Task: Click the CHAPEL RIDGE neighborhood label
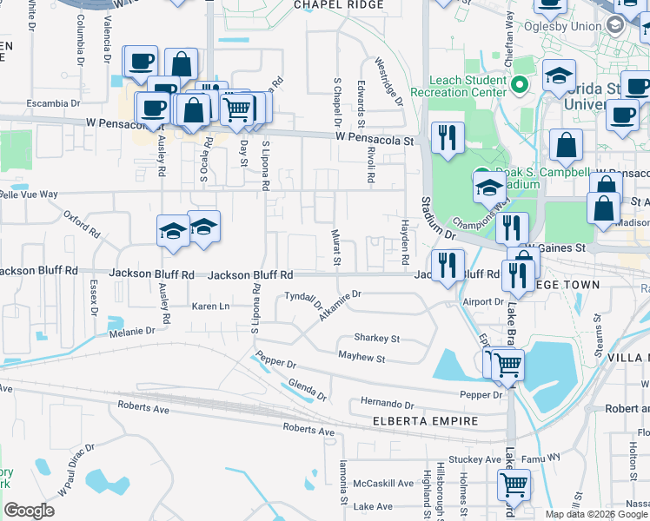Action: click(339, 5)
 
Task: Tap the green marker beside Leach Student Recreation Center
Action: click(520, 84)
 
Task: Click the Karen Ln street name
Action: click(210, 307)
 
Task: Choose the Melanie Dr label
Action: click(132, 331)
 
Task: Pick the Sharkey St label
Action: click(376, 338)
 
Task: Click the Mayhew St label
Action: click(361, 357)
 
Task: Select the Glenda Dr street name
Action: click(308, 391)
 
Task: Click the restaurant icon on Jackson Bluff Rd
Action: click(448, 264)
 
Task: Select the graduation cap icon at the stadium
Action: click(488, 187)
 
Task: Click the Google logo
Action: click(29, 511)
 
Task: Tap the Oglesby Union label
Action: click(570, 26)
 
